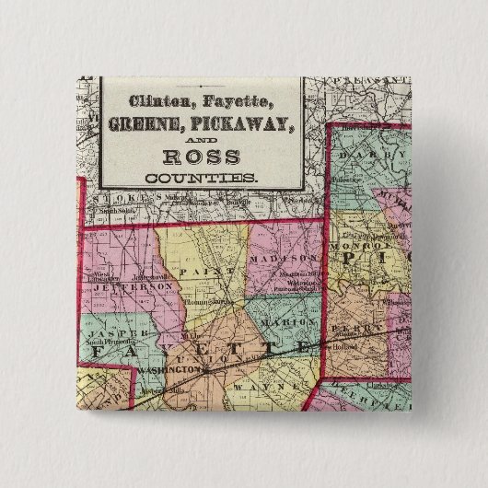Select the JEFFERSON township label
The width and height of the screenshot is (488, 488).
coord(133,287)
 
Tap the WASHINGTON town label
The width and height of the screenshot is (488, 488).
coord(168,368)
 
